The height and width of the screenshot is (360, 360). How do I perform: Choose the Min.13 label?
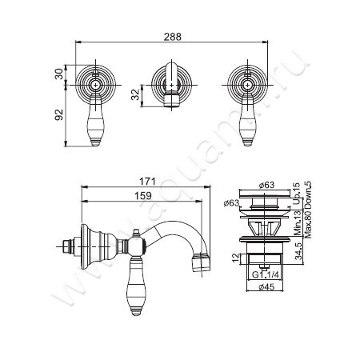click(298, 218)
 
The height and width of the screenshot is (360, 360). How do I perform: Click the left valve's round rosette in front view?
click(96, 83)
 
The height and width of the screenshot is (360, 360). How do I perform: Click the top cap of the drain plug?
click(262, 194)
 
